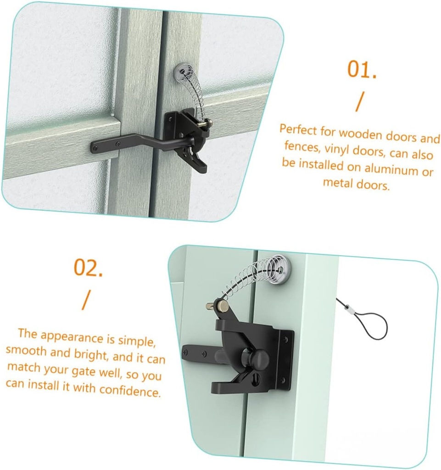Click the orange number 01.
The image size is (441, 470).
[362, 70]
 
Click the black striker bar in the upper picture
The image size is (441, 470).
[124, 143]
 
